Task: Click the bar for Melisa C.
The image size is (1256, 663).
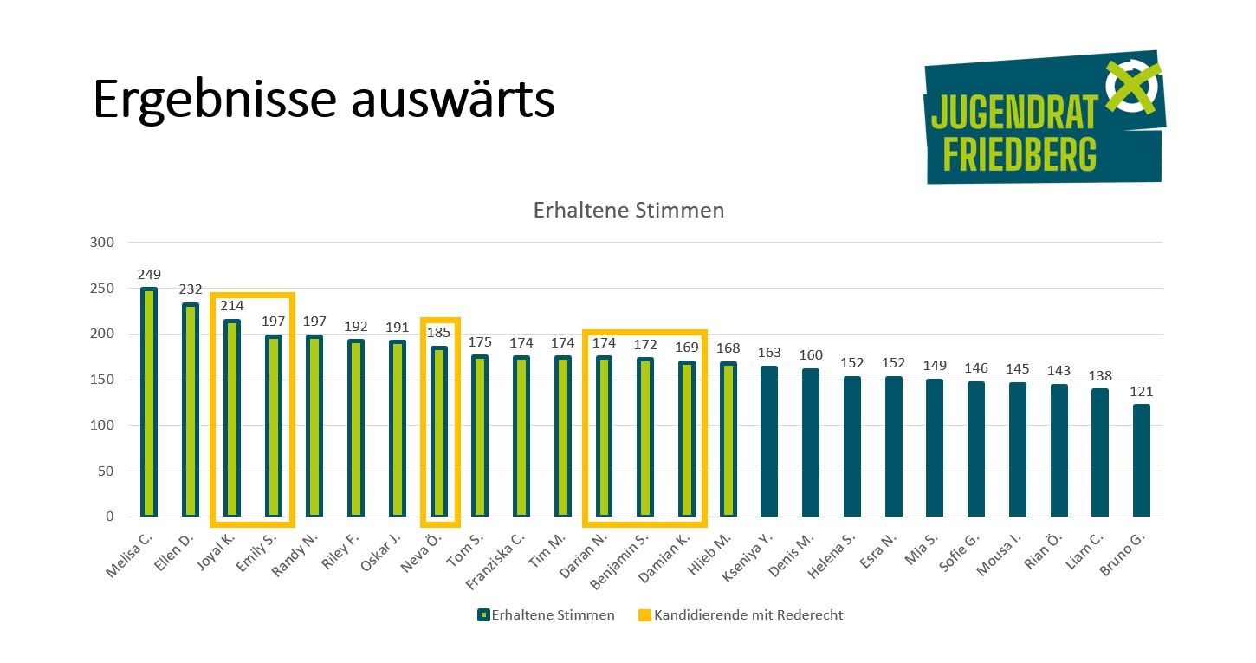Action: pos(149,402)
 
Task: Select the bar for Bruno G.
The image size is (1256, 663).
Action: pos(1141,460)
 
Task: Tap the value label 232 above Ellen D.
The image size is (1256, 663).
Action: pos(191,289)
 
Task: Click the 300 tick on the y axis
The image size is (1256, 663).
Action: pos(102,243)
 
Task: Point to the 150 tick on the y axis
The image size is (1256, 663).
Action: pos(102,380)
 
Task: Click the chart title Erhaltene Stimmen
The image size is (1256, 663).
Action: pos(628,211)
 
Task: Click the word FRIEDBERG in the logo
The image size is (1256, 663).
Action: pos(1019,154)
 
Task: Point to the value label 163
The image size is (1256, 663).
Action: pos(769,353)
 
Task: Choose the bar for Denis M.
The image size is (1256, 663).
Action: pos(811,443)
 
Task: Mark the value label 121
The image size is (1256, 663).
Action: pos(1141,392)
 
